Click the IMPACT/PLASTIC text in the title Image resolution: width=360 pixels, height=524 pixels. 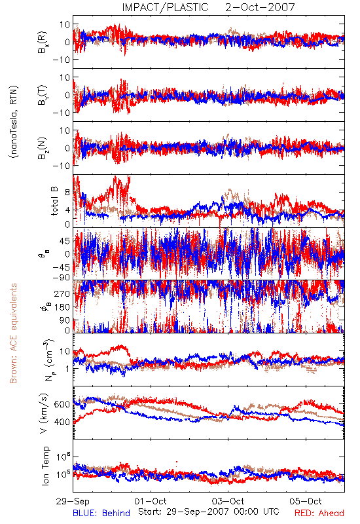(x=165, y=7)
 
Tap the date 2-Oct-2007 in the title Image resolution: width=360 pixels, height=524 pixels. (x=260, y=7)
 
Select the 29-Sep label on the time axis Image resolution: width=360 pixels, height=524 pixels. (x=73, y=501)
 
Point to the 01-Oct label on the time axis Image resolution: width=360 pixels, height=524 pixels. (x=151, y=501)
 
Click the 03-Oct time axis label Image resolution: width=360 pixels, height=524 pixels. (x=228, y=501)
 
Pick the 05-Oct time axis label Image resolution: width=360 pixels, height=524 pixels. (x=306, y=501)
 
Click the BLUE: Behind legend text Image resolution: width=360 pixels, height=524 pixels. (x=101, y=514)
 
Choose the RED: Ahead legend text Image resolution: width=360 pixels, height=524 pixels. (x=319, y=514)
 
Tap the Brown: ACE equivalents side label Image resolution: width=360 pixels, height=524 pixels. (x=13, y=333)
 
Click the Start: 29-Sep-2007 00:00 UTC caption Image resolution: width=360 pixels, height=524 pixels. (x=209, y=512)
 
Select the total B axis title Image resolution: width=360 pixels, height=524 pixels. (x=54, y=200)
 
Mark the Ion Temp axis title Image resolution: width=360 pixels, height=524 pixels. (x=45, y=466)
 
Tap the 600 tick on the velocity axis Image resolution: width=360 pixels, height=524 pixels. (x=62, y=404)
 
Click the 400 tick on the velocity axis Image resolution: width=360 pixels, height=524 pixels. (x=62, y=422)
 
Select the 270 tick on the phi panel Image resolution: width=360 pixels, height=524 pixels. (x=62, y=293)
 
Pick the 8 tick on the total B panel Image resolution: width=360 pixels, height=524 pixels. (x=67, y=193)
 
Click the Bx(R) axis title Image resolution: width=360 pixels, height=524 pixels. (x=43, y=43)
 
